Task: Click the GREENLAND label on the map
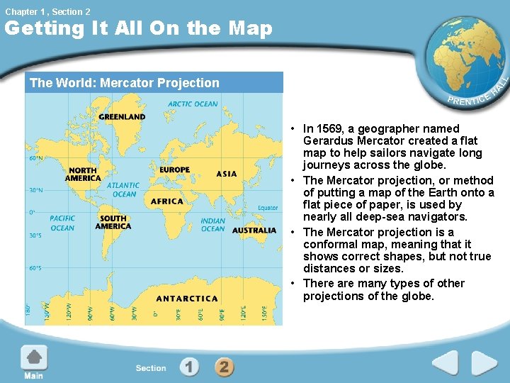122,116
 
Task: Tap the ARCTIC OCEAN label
193,104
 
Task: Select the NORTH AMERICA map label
83,174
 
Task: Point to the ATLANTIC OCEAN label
124,189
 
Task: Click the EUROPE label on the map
174,170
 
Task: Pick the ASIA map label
227,174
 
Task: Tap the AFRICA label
167,201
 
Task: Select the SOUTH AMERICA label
113,222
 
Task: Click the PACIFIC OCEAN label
62,223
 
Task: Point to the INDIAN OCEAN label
212,225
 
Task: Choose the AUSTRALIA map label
254,231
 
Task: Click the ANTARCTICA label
187,299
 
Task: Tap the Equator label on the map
268,208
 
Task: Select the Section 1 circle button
188,367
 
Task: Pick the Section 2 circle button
223,367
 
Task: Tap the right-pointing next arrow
484,363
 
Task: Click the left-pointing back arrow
446,363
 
